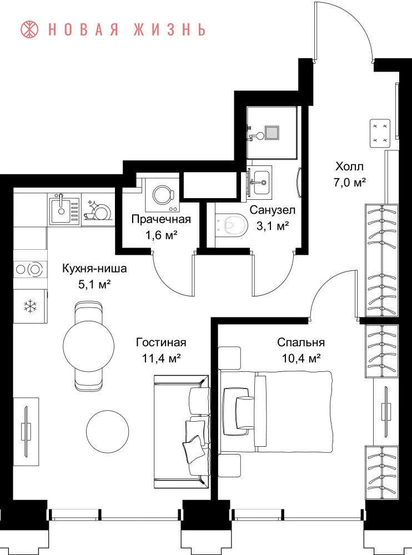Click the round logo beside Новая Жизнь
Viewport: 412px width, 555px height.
(30, 30)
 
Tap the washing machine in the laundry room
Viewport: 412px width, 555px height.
(162, 195)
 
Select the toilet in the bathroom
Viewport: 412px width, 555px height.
(232, 225)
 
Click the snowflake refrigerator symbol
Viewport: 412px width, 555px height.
(31, 306)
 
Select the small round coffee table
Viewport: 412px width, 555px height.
(108, 431)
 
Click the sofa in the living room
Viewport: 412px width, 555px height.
(181, 432)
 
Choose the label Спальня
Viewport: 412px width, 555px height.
(301, 342)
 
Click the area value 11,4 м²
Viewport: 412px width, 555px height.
(162, 358)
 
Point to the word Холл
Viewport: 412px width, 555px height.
(349, 166)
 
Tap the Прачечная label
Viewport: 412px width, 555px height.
(161, 219)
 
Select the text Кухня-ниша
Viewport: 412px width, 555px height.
(94, 268)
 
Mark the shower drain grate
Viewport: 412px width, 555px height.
(272, 133)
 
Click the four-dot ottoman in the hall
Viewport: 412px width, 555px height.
(380, 133)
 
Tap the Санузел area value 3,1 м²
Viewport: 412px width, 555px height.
(273, 225)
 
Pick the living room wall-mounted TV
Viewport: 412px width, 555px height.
(26, 431)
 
